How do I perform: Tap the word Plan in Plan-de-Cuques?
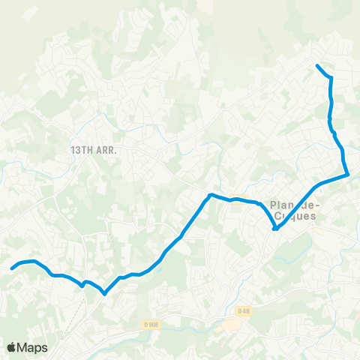click(280, 205)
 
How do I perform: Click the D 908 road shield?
click(150, 324)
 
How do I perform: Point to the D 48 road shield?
click(242, 311)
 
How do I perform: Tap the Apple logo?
click(11, 347)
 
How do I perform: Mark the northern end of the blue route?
click(317, 66)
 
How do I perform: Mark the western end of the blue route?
click(11, 267)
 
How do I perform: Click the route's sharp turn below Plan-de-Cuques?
click(275, 229)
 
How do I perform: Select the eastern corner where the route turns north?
click(347, 175)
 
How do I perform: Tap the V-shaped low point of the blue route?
click(104, 293)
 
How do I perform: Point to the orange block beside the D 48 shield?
click(229, 325)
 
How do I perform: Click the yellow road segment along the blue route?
click(238, 199)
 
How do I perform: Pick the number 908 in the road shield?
click(153, 324)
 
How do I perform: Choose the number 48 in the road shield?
click(244, 311)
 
